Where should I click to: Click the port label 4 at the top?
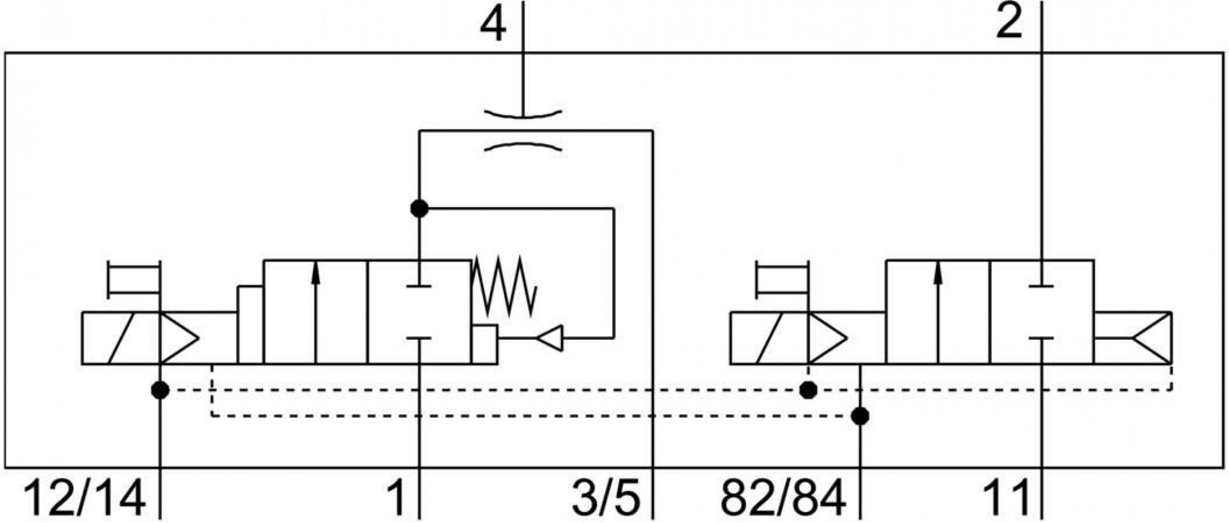(493, 26)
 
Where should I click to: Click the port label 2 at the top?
(1009, 22)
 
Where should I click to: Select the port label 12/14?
(84, 497)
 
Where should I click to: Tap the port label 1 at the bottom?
(396, 497)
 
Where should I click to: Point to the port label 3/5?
(606, 497)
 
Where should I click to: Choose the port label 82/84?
(783, 497)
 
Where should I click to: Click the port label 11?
(1006, 497)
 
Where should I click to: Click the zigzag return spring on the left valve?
(503, 286)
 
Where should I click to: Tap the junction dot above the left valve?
(419, 208)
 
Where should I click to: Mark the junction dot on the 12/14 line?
(160, 390)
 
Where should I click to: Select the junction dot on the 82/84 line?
(861, 416)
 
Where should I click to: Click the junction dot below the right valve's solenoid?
(809, 390)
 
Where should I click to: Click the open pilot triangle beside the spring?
(550, 338)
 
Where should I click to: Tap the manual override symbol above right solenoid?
(782, 279)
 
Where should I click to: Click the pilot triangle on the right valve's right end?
(1151, 338)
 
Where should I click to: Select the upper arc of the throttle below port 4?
(523, 113)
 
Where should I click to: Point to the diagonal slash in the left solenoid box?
(121, 338)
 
